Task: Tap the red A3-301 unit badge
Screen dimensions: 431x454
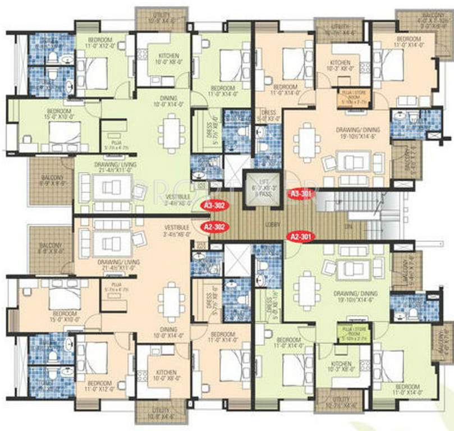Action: point(301,194)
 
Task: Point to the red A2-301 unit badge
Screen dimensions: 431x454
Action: point(300,236)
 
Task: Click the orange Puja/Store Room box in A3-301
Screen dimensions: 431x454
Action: point(353,97)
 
